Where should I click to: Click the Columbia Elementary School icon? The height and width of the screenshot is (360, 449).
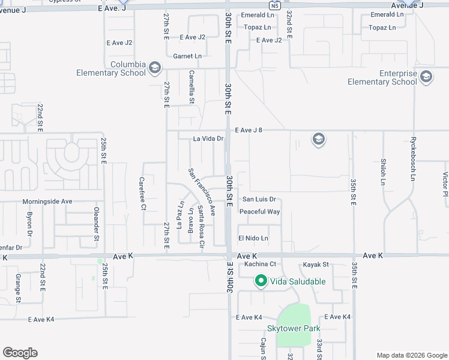click(155, 67)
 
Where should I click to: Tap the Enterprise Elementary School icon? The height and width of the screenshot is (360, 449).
click(426, 76)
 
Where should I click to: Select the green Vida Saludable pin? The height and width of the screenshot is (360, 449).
click(261, 281)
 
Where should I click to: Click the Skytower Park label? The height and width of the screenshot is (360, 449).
click(294, 328)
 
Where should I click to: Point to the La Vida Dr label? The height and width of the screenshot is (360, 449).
click(208, 139)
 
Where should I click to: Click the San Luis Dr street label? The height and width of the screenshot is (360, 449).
click(259, 199)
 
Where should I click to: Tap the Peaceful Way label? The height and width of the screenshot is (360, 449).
click(260, 212)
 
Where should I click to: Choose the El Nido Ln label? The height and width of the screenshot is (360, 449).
click(253, 238)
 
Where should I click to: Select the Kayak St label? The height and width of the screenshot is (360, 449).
click(316, 264)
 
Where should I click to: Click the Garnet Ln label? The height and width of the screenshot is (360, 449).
click(187, 56)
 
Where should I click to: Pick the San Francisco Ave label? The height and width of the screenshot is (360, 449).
click(202, 191)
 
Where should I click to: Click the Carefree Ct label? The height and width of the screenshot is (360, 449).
click(143, 193)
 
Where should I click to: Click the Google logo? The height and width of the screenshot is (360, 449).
click(20, 353)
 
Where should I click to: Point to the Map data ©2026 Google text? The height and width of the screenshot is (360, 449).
click(412, 355)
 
